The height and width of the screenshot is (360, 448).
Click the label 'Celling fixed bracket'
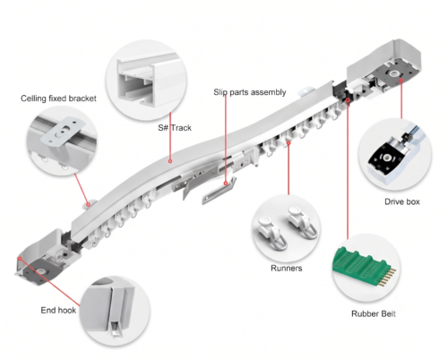pos(58,99)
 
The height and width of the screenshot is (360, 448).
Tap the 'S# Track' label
pos(175,128)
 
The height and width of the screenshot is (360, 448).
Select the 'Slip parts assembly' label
pos(250,92)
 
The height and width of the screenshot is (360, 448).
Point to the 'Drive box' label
pos(402,201)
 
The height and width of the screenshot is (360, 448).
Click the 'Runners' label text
pos(287,268)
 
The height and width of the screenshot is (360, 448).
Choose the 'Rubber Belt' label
pos(374,313)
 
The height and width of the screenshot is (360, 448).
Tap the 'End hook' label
pos(58,310)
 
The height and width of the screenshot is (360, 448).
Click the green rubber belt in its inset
pos(364,266)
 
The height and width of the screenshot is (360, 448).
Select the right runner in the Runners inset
pos(303,222)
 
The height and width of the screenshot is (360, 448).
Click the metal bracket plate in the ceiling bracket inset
pos(64,132)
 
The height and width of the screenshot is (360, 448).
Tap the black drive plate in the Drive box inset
pos(388,158)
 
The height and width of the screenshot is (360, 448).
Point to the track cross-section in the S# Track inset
pos(146,81)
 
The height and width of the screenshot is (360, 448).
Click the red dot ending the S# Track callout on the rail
pos(170,161)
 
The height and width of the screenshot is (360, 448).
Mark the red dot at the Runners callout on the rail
pos(289,143)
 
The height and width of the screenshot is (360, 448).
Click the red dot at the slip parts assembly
pos(226,184)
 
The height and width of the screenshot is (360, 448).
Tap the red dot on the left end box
pos(20,259)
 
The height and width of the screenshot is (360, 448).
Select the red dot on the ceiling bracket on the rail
pos(89,204)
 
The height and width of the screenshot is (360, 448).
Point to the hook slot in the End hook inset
pos(116,330)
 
